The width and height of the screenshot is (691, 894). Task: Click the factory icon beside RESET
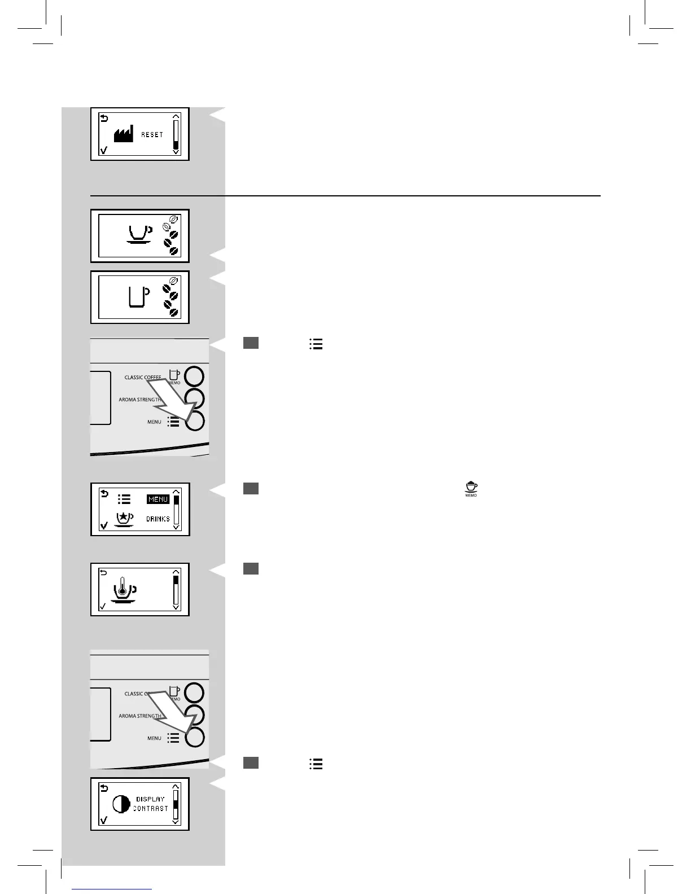tap(124, 135)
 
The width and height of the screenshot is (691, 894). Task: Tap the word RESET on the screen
tap(152, 135)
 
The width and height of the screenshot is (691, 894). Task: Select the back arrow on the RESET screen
tap(104, 118)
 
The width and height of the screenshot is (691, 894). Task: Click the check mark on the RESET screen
tap(103, 150)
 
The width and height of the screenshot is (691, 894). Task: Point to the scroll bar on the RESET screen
tap(176, 134)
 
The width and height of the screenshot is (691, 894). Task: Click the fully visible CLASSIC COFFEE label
tap(143, 378)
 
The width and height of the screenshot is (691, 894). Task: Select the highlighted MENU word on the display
tap(158, 499)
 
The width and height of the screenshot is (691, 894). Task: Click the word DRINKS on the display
tap(158, 519)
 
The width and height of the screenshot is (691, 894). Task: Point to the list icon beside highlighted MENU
tap(124, 499)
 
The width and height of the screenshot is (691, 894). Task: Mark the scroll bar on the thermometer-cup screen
tap(176, 590)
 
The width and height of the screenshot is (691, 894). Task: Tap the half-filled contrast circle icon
tap(121, 804)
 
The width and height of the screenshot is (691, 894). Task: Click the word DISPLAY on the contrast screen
tap(150, 799)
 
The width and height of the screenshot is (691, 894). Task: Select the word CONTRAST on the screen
tap(151, 809)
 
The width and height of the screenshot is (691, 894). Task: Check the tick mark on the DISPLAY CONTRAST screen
tap(103, 820)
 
